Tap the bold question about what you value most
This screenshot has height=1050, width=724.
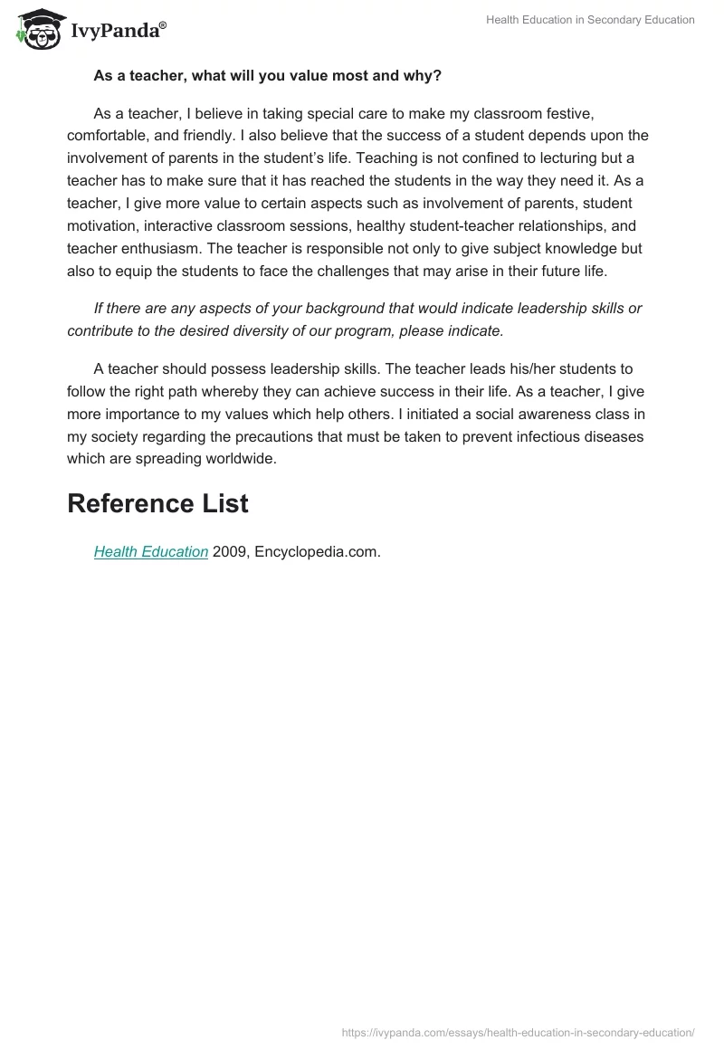click(x=267, y=76)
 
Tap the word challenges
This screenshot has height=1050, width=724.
click(x=374, y=269)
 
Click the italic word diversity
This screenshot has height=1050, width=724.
click(x=262, y=330)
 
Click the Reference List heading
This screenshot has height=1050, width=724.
click(x=157, y=504)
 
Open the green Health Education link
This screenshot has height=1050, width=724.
click(x=151, y=551)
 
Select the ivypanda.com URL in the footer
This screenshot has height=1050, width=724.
click(x=518, y=1032)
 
